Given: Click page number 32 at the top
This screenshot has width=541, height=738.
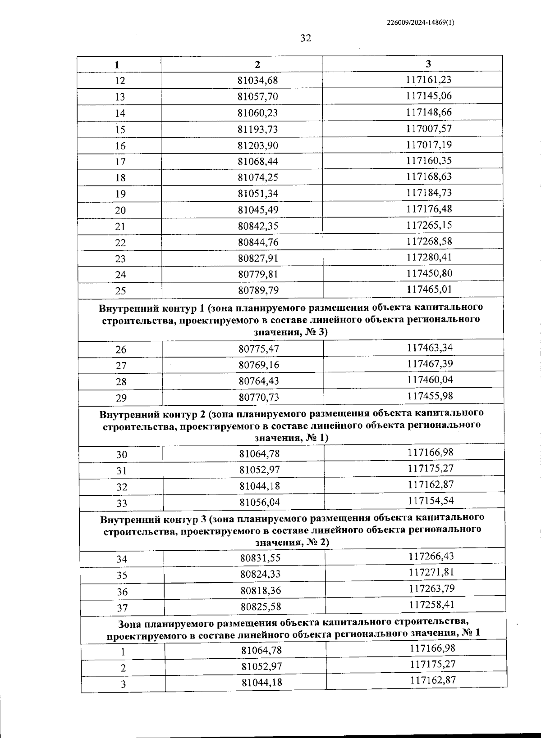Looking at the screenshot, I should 305,38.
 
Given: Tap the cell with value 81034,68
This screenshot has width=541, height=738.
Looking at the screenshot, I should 258,81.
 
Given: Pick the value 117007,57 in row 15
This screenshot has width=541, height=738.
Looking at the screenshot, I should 429,129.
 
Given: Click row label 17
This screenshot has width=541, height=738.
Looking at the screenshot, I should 120,162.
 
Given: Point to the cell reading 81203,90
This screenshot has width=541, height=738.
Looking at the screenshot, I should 258,145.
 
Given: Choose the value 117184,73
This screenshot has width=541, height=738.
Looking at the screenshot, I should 429,193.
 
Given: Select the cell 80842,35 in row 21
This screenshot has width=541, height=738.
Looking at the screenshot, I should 258,226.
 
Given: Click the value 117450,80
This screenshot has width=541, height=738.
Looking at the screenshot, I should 429,273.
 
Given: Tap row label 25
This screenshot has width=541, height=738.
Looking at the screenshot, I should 120,291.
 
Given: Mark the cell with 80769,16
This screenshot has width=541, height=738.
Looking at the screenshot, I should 259,365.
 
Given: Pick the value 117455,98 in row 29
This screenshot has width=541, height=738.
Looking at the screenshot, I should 430,396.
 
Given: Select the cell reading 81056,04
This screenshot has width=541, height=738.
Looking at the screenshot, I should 259,503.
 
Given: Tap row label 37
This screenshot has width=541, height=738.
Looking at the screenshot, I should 122,608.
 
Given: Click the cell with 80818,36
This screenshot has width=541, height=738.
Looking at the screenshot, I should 260,590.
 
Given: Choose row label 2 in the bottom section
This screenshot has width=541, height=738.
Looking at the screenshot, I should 123,668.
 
